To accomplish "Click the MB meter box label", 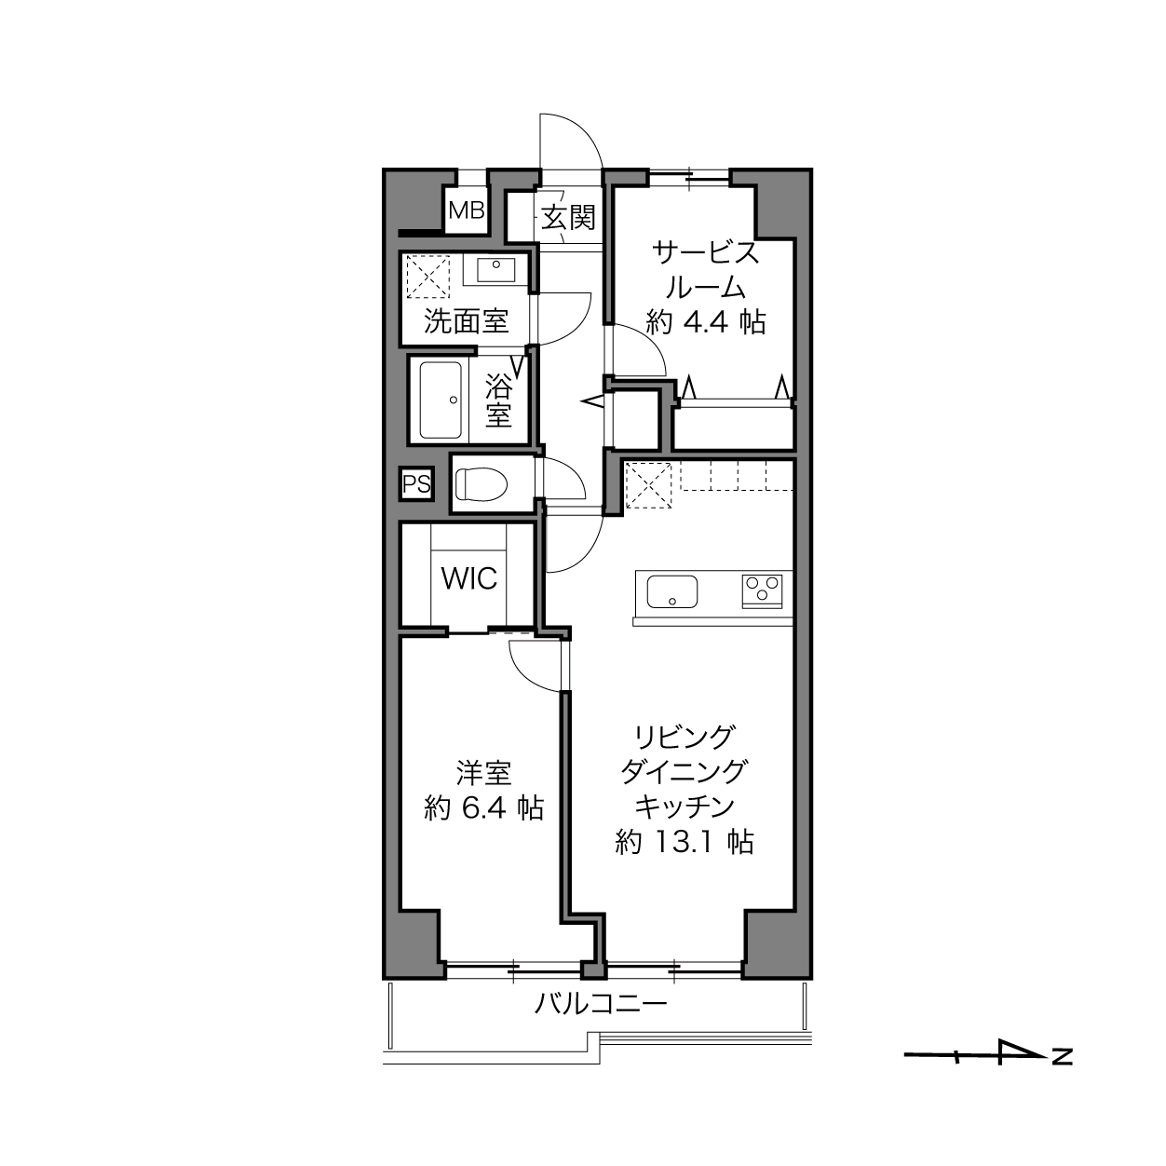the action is (x=466, y=210).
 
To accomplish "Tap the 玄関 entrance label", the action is (x=567, y=217).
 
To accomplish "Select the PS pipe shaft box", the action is (x=416, y=484).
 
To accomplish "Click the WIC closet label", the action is (x=469, y=578).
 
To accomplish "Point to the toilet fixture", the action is (x=481, y=484).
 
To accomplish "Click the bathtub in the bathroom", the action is (x=441, y=400).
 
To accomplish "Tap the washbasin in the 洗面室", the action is (x=495, y=270).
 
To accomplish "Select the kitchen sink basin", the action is (x=671, y=591).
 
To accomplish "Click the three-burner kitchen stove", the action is (x=762, y=591).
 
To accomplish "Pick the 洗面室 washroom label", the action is (x=466, y=320).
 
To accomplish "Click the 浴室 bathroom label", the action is (x=498, y=400).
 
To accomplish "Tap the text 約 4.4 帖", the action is (x=706, y=322).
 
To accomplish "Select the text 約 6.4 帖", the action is (x=483, y=807).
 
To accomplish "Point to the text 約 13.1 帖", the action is (x=684, y=842).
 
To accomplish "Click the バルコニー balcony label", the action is (x=601, y=1004).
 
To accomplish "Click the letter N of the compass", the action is (x=1063, y=1056).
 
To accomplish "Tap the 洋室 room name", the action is (x=483, y=773).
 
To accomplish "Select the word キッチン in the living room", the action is (x=684, y=807).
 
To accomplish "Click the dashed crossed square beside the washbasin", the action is (x=427, y=277).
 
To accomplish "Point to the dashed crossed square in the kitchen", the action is (x=648, y=485).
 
